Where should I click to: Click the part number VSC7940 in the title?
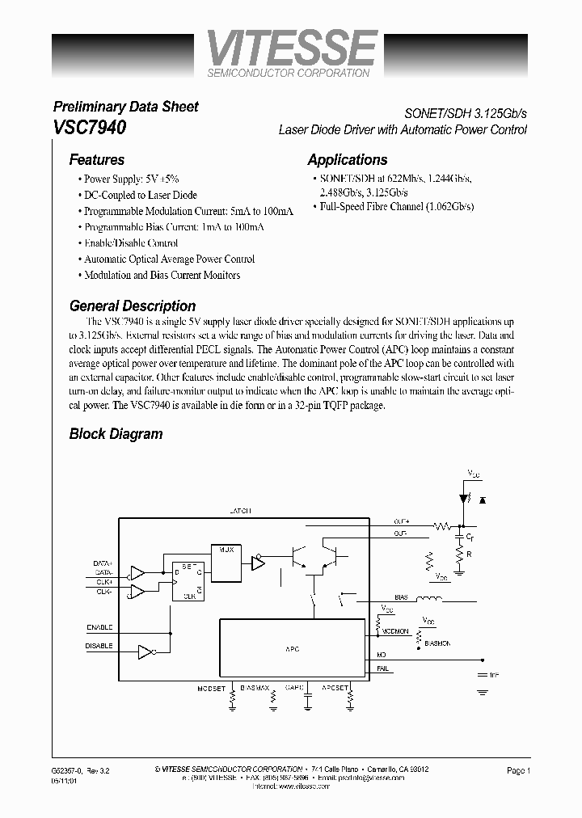point(89,128)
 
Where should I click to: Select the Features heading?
point(96,160)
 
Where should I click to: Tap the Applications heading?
point(348,160)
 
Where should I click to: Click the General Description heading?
point(133,306)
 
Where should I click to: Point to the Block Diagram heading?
point(116,434)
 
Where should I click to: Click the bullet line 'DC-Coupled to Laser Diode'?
point(140,195)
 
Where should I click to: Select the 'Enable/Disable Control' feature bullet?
point(130,243)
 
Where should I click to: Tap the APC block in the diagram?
point(293,648)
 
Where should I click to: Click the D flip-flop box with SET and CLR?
point(187,580)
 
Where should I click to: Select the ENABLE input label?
point(99,627)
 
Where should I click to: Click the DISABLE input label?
point(99,646)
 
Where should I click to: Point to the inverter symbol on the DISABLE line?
point(146,650)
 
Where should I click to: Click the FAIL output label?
point(382,668)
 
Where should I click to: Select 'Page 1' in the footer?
point(518,770)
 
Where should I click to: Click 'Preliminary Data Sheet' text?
point(125,107)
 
